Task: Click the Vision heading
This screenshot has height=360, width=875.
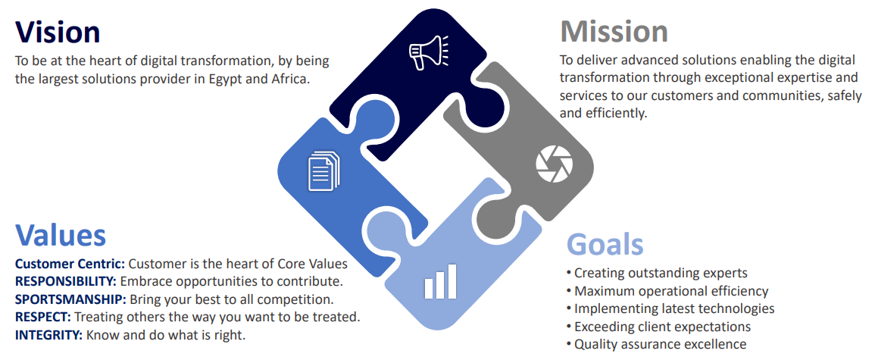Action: tap(58, 32)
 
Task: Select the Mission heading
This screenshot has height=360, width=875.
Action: tap(614, 32)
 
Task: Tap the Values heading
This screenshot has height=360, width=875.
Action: tap(61, 236)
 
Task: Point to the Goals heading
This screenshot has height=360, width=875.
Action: tap(605, 245)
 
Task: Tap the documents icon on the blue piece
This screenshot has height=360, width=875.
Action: tap(323, 170)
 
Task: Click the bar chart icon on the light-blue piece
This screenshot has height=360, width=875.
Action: tap(440, 280)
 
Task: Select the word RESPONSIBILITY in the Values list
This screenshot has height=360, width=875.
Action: tap(61, 281)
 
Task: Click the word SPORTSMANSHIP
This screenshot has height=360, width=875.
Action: tap(65, 299)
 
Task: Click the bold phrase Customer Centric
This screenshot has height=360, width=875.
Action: tap(70, 264)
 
